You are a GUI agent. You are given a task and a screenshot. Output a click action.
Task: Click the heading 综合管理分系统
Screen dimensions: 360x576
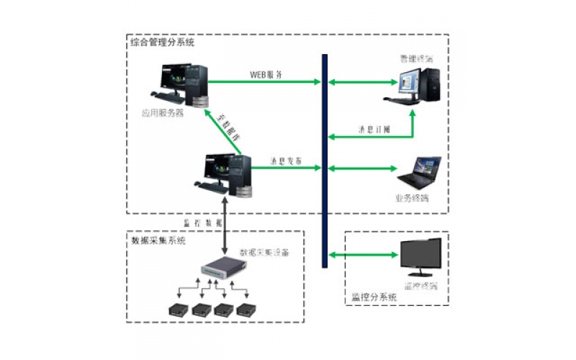pos(162,43)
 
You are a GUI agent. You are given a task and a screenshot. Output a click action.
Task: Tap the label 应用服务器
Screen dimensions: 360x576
pos(162,113)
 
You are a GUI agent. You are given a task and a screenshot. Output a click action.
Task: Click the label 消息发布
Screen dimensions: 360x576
pos(286,160)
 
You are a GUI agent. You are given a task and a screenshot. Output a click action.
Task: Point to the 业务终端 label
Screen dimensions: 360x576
pos(412,198)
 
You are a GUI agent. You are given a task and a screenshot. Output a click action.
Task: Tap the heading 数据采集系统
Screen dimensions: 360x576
pos(158,240)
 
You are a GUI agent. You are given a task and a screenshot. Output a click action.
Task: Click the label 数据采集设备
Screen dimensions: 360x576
pos(264,253)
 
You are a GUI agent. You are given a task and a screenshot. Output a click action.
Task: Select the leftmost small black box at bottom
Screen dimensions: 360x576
pos(176,310)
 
